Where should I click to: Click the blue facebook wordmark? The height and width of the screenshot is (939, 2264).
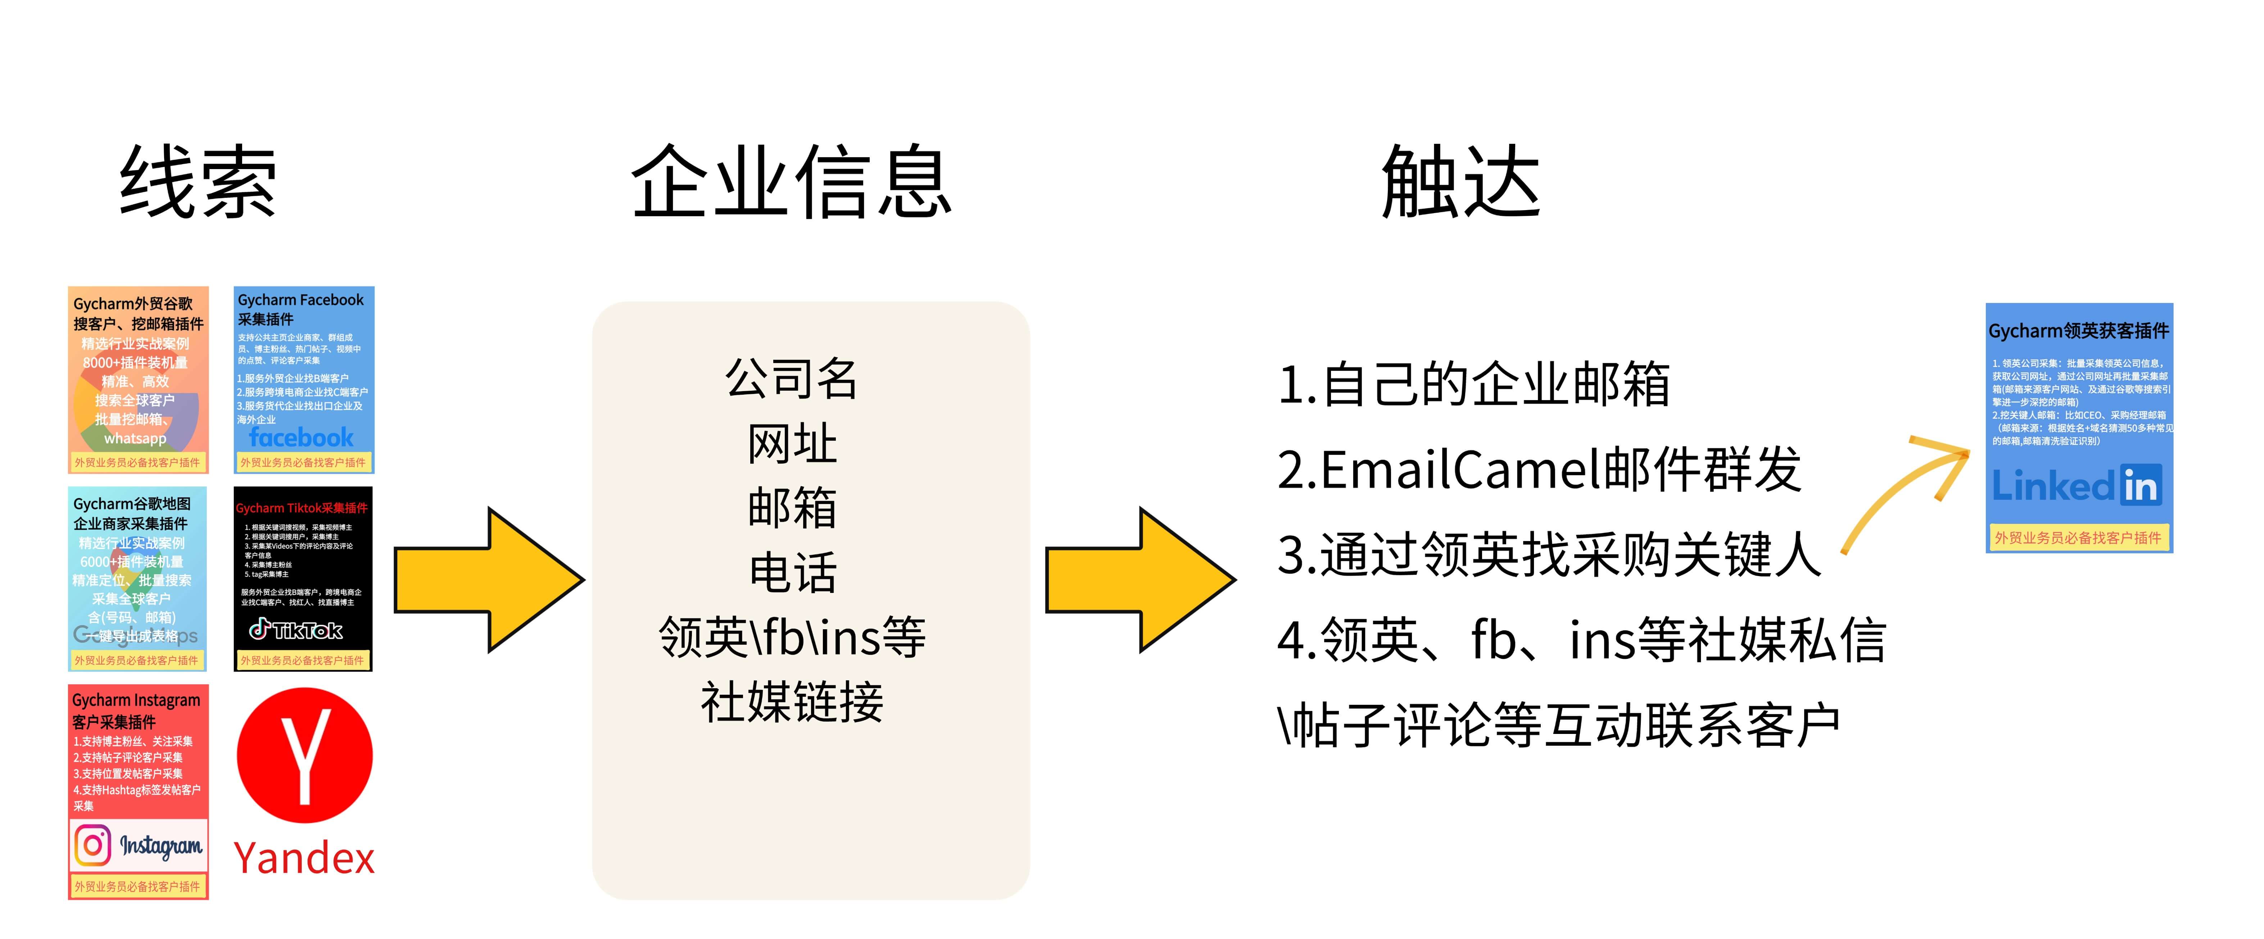(302, 436)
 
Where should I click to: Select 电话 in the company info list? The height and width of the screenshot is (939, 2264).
(791, 573)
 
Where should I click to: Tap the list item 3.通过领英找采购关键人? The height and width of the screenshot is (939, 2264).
(1549, 555)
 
